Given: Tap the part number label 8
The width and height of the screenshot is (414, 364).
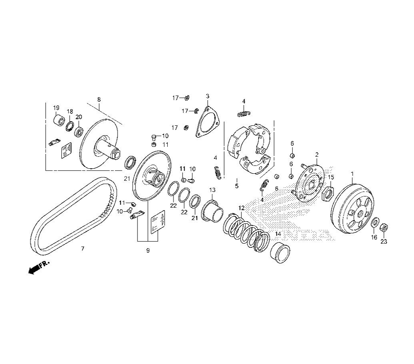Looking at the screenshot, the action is pos(99,99).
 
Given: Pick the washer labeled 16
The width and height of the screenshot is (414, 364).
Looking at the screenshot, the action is pos(374,223).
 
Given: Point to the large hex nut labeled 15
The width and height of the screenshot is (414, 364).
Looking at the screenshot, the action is pos(328,193).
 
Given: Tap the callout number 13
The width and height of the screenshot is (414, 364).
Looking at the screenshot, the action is pos(212,190).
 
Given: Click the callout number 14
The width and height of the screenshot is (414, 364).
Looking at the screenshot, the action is pos(278,234).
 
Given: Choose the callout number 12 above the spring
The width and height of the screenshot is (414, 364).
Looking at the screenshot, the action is pos(242,208).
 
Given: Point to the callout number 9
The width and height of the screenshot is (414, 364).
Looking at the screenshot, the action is pos(148,251).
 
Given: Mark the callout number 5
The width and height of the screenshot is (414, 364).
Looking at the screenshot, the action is pos(236,186).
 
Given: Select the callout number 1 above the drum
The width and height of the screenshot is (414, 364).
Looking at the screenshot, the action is pos(352,174).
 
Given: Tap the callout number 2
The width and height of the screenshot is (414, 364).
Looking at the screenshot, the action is pos(317,155).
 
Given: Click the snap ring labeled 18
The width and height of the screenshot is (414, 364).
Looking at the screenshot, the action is pos(70,127).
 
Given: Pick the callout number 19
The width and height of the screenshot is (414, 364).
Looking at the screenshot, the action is pos(56,108).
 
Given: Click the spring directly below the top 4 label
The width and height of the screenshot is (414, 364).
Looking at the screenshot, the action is pos(244,114).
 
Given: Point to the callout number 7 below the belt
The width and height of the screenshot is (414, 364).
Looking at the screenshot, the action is pos(83,249).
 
